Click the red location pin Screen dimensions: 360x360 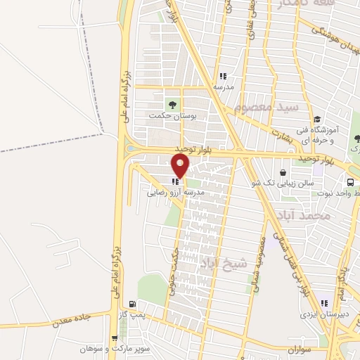(x=181, y=166)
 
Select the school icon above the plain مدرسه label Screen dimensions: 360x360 (x=223, y=77)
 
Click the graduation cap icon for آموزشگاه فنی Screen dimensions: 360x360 (x=317, y=119)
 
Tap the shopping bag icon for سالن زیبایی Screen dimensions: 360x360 (x=283, y=172)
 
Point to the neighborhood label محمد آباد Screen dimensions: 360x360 (x=302, y=216)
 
